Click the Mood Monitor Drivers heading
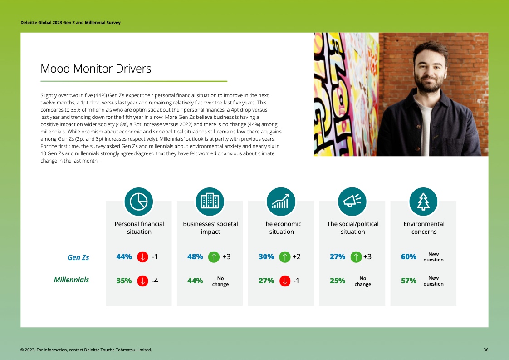click(x=96, y=69)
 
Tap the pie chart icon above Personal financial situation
click(x=139, y=202)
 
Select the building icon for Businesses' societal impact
click(x=210, y=202)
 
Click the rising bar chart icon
click(x=281, y=202)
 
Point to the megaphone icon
click(x=352, y=202)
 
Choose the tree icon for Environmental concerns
click(x=423, y=202)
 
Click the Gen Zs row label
click(x=78, y=257)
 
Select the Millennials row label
click(x=71, y=280)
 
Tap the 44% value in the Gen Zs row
click(x=124, y=256)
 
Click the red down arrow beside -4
click(x=142, y=281)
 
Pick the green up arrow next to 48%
click(x=214, y=257)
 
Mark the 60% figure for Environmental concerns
click(x=408, y=256)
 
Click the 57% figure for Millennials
click(x=408, y=281)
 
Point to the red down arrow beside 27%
click(x=284, y=281)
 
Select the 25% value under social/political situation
click(x=338, y=281)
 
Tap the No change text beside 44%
click(x=220, y=281)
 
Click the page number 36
click(x=485, y=350)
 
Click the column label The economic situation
click(x=281, y=227)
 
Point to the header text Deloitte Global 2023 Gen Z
click(x=70, y=23)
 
